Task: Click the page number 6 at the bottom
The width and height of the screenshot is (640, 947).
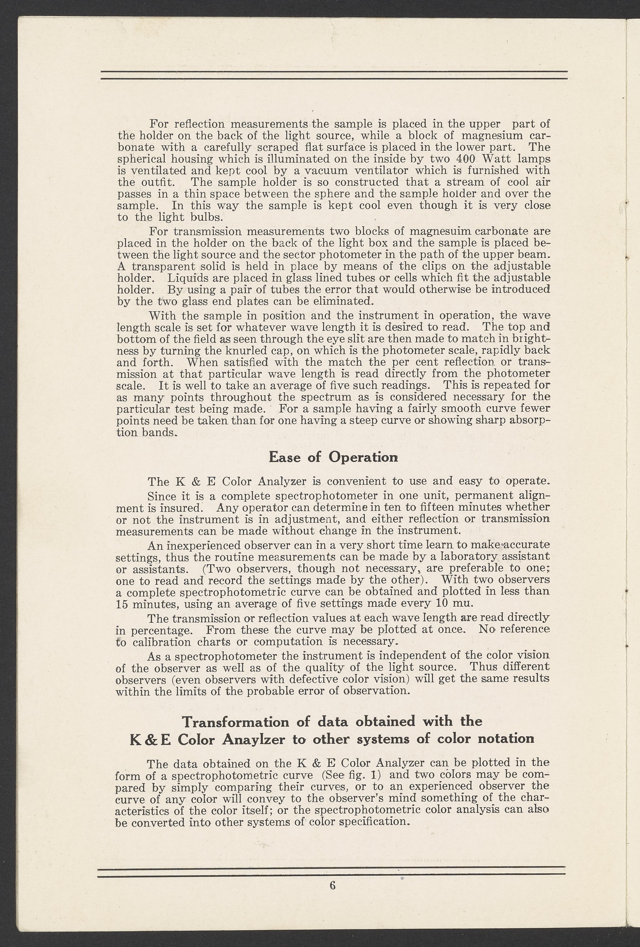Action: click(x=332, y=897)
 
